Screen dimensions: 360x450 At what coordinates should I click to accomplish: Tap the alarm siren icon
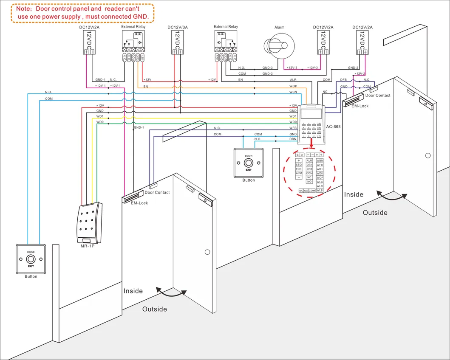[x=278, y=45]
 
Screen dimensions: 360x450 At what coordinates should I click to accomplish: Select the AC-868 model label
[x=334, y=126]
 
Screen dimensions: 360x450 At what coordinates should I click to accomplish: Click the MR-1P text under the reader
[x=88, y=246]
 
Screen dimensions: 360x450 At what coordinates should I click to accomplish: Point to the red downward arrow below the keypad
[x=311, y=146]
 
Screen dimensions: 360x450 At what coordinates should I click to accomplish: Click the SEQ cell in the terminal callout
[x=299, y=165]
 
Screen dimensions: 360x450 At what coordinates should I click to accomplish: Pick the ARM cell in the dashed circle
[x=299, y=173]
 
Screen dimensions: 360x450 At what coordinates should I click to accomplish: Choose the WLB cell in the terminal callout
[x=320, y=191]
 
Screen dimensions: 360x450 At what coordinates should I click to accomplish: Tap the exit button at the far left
[x=31, y=259]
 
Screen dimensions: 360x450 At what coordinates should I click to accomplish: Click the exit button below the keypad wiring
[x=249, y=163]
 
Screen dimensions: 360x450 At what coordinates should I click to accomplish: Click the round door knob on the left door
[x=207, y=252]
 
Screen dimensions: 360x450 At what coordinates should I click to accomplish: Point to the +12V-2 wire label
[x=359, y=73]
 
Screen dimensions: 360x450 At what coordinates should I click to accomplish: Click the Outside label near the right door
[x=375, y=213]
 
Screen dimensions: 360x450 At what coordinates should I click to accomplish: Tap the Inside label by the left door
[x=133, y=291]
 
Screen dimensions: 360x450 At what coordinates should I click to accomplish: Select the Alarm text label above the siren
[x=279, y=27]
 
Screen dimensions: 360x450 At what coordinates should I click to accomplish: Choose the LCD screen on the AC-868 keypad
[x=311, y=113]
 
